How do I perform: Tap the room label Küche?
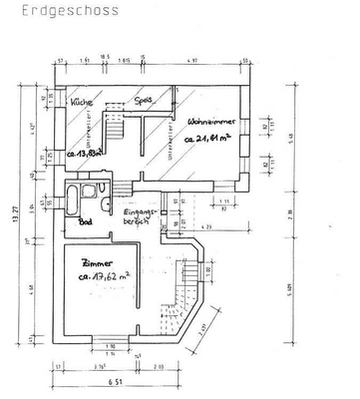click(82, 103)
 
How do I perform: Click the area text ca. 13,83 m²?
click(87, 155)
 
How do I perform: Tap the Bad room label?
click(86, 222)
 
